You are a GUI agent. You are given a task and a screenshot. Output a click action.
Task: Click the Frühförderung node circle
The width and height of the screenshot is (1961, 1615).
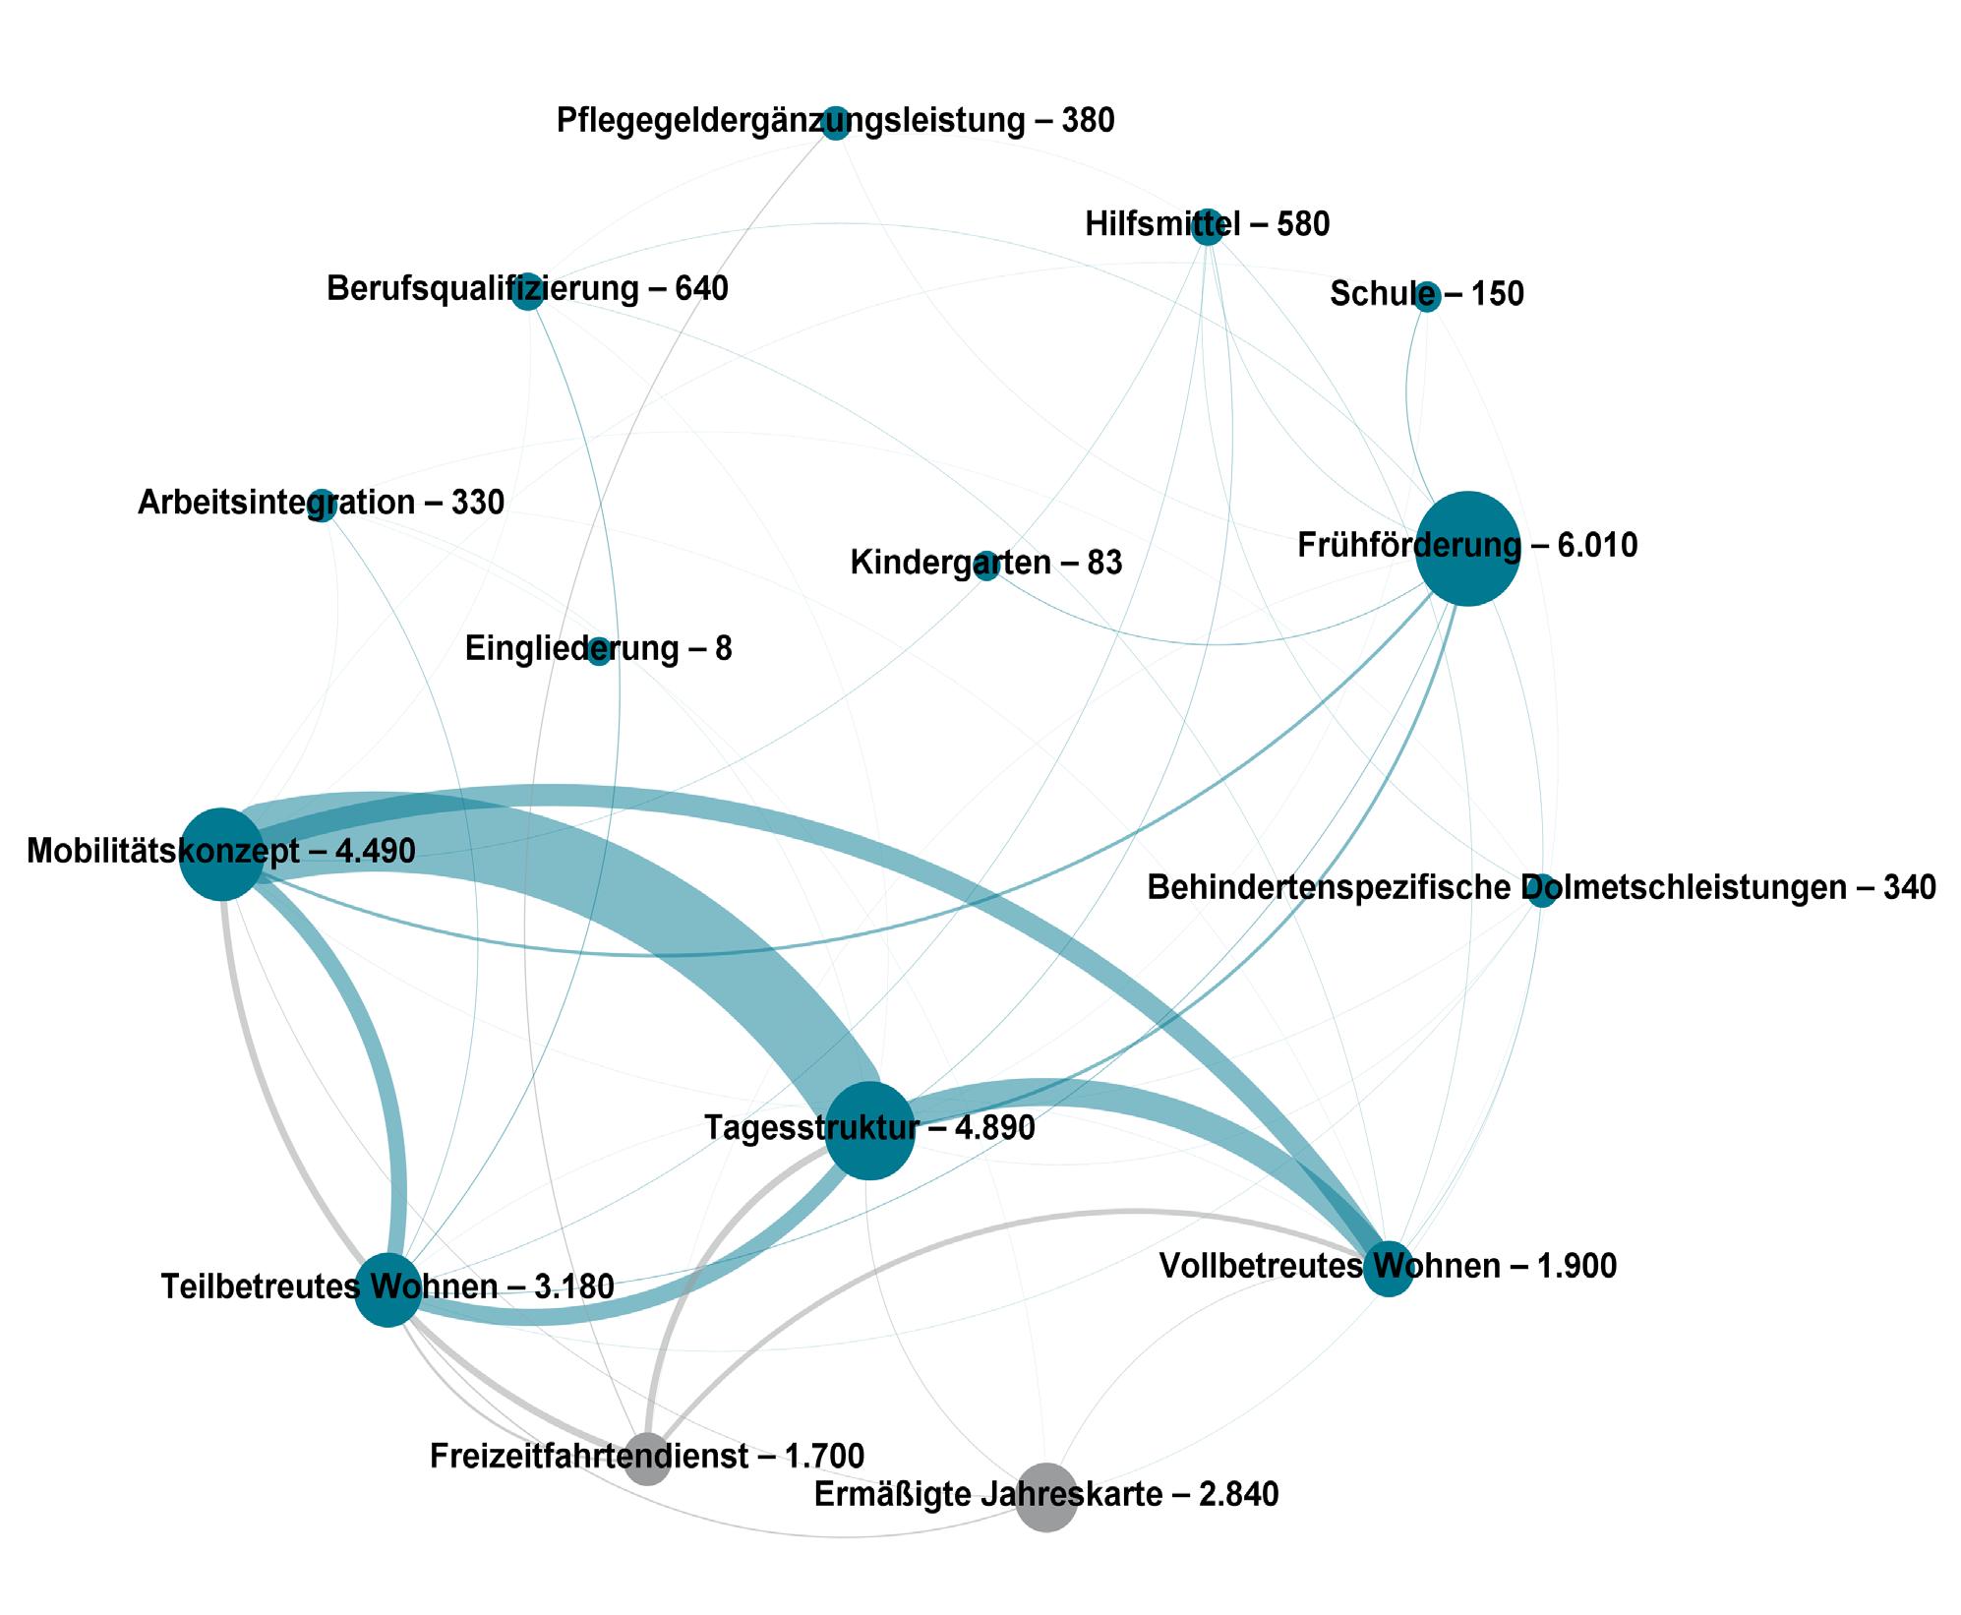[x=1466, y=548]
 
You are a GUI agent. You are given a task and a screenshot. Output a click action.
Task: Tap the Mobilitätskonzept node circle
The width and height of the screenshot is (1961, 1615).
[x=223, y=854]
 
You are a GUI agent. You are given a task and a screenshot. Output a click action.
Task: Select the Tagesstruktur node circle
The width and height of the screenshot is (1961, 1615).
[x=869, y=1131]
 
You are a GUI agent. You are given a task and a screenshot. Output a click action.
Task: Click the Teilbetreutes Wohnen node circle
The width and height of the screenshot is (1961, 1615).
[x=388, y=1289]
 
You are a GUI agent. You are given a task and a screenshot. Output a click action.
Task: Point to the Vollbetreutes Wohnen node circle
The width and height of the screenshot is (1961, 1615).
[x=1388, y=1269]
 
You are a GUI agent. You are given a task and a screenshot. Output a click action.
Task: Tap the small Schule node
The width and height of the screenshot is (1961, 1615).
[x=1427, y=296]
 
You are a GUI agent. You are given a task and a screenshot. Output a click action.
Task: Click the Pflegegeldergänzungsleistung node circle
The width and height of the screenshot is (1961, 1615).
[x=835, y=123]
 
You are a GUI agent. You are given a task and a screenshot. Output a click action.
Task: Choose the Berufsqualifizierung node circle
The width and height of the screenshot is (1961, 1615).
[x=528, y=292]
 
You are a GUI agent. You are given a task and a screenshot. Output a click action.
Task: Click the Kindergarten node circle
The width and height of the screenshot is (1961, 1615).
[x=986, y=567]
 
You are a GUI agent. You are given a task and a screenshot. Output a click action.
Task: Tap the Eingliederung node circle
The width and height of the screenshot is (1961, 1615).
[x=599, y=652]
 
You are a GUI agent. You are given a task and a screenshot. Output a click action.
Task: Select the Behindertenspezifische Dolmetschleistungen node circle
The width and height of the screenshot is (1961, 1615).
[x=1542, y=890]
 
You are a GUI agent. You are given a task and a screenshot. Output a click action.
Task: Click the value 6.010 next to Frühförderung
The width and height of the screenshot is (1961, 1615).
[x=1598, y=545]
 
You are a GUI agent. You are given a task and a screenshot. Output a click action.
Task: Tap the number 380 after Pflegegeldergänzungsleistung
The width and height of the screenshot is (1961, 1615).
[x=1088, y=121]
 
